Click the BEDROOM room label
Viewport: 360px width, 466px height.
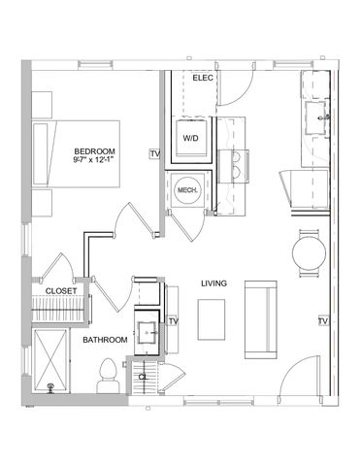click(95, 150)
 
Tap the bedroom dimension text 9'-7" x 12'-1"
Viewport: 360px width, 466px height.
click(95, 161)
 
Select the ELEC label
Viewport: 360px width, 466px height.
click(203, 77)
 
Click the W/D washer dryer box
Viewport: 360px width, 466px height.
click(189, 137)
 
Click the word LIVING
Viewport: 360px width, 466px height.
click(213, 283)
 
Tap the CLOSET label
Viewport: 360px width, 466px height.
click(61, 289)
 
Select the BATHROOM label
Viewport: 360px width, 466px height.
click(104, 341)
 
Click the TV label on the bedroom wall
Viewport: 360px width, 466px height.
click(153, 153)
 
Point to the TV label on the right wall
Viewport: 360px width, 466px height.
click(320, 320)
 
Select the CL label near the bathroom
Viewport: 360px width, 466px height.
click(142, 377)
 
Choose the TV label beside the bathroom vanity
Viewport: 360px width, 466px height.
click(174, 321)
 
